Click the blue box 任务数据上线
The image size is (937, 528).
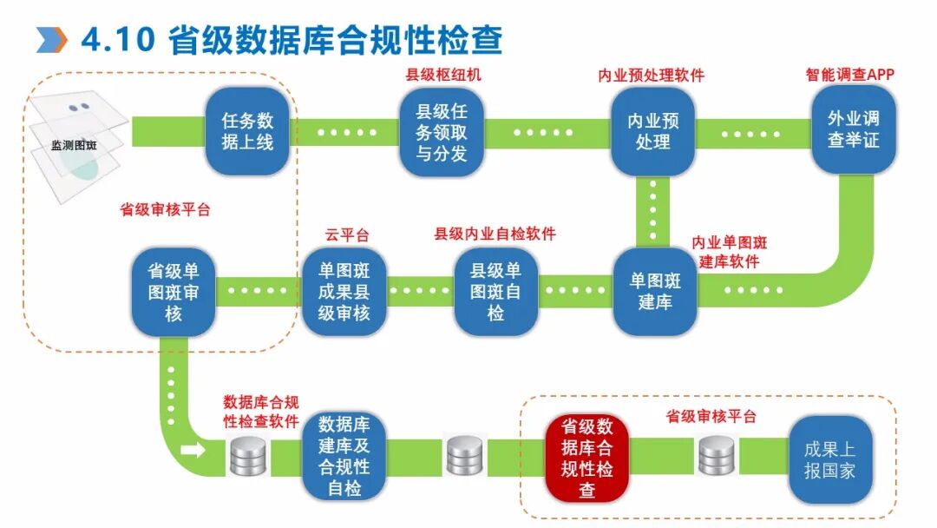[246, 130]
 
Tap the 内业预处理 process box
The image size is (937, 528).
[652, 131]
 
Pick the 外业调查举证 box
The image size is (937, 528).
[853, 129]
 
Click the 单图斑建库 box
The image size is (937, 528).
[655, 292]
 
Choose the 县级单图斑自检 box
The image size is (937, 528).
[495, 292]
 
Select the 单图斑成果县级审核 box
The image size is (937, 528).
[344, 292]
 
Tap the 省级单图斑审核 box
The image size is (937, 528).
[173, 292]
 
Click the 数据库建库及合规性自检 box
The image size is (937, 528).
[344, 457]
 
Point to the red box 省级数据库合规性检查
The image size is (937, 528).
[587, 459]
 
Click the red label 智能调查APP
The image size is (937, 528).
[849, 75]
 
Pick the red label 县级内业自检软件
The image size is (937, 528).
[495, 234]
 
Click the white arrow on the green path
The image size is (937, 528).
[196, 451]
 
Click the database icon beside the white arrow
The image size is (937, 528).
[247, 456]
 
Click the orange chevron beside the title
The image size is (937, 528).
[51, 40]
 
